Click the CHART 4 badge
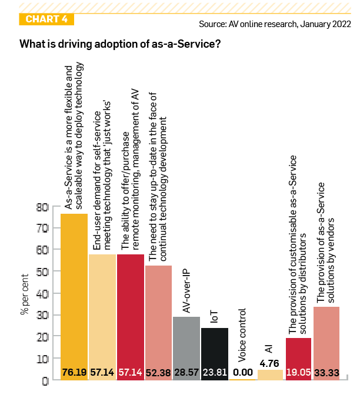47,19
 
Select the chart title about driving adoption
120,45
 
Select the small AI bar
271,374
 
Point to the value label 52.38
158,373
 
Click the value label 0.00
243,373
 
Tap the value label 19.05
299,373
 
